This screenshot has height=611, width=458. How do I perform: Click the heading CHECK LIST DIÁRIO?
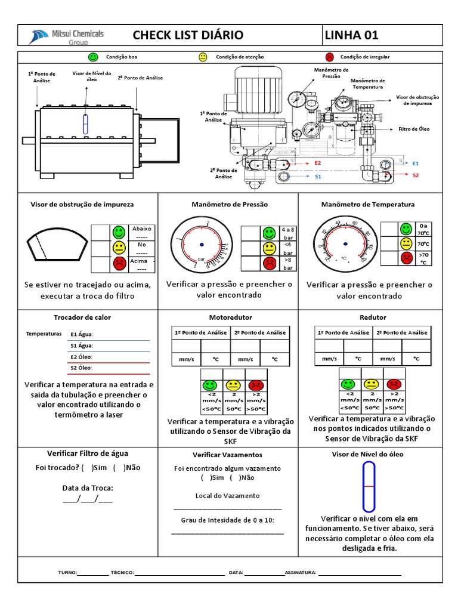click(188, 35)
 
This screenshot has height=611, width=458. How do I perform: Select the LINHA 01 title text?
click(351, 35)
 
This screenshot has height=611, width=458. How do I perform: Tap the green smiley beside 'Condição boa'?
click(93, 57)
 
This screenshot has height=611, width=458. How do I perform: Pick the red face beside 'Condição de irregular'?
click(329, 57)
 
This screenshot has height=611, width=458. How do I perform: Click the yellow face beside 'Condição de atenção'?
click(203, 57)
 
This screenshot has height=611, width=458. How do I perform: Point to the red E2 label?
click(317, 162)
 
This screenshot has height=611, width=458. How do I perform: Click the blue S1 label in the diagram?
click(318, 177)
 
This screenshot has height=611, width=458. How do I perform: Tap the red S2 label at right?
click(416, 175)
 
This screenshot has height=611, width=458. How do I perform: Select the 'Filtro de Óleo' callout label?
click(416, 129)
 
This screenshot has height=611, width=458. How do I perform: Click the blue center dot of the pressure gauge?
click(202, 245)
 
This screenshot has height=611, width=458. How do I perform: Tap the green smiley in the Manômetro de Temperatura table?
click(406, 229)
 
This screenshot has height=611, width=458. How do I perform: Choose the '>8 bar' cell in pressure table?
click(288, 263)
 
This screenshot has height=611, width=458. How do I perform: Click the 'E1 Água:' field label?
click(82, 335)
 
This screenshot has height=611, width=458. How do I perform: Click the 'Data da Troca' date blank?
click(88, 499)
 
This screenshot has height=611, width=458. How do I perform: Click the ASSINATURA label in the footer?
click(300, 572)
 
